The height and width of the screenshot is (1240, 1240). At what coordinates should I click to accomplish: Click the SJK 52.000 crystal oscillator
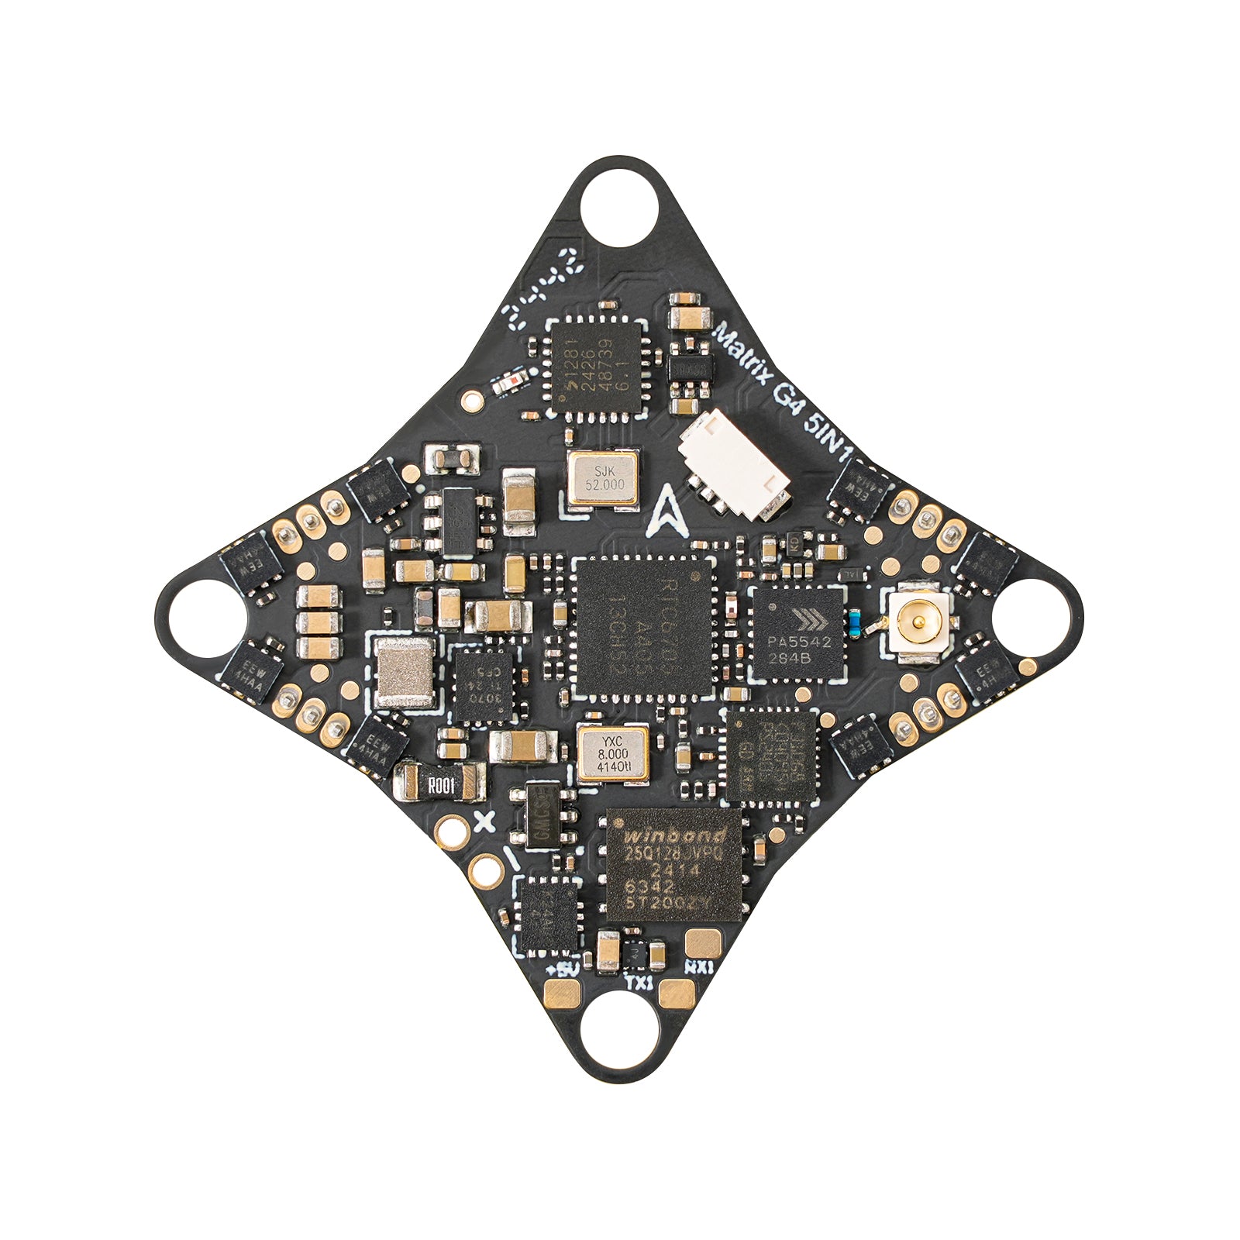point(604,478)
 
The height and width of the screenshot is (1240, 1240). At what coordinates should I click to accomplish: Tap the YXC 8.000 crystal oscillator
point(612,753)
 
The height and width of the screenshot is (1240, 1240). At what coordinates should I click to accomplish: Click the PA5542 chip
point(798,634)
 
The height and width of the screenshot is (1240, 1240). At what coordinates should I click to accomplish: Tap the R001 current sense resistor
point(439,783)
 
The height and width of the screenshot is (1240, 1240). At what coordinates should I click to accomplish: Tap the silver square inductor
point(405,672)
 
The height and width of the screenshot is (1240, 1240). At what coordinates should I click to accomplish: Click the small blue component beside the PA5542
point(854,622)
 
